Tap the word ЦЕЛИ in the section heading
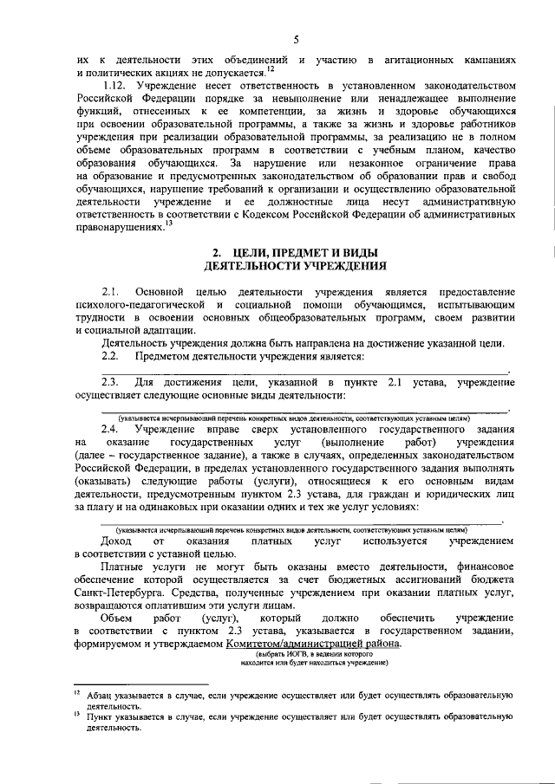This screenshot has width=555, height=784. pyautogui.click(x=251, y=251)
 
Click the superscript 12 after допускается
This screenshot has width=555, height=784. pyautogui.click(x=271, y=69)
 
